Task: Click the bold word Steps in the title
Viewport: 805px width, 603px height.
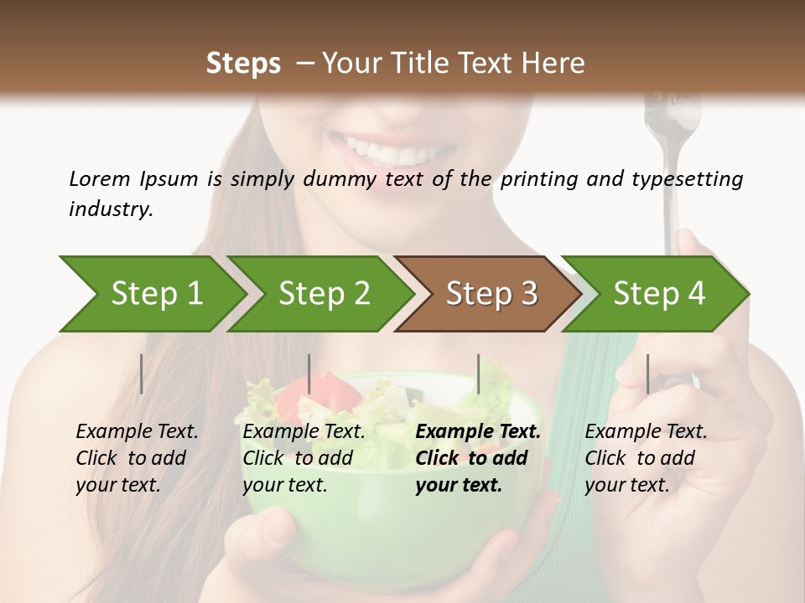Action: coord(243,63)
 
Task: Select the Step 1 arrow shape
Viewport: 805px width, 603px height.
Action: coord(151,294)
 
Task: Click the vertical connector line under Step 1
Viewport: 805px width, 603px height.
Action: coord(142,374)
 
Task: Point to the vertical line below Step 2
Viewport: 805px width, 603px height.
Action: coord(309,374)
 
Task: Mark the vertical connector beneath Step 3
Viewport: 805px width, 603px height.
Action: coord(479,374)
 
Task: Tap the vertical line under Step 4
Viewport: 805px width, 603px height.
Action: coord(648,374)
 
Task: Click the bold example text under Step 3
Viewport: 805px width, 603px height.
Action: coord(478,458)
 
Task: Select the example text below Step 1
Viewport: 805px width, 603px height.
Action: coord(137,458)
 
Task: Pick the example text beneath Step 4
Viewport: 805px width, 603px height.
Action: coord(646,458)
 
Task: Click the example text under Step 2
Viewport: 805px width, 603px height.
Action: coord(304,458)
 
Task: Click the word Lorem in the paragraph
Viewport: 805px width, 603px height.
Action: coord(99,178)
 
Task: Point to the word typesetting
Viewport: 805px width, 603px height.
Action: coord(683,179)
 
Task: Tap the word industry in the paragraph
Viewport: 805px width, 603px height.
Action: coord(111,209)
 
